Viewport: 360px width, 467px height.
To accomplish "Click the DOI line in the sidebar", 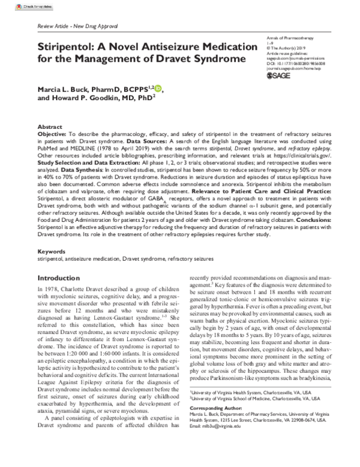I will coord(295,61).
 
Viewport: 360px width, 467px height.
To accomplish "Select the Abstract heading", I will coord(50,128).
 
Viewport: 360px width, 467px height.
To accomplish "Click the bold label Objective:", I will coord(54,135).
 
